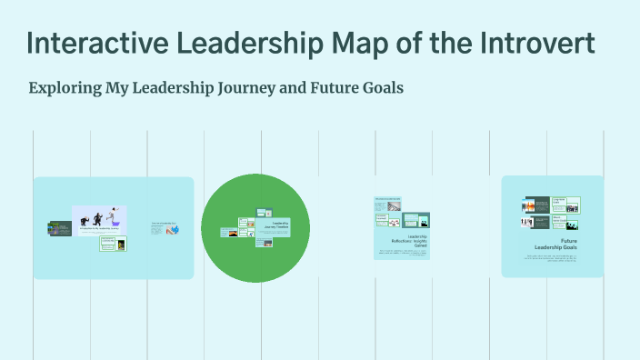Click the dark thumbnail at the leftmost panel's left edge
[x=60, y=228]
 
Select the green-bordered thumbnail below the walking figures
[x=114, y=243]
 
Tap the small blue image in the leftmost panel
[x=174, y=230]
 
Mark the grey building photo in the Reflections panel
[x=394, y=222]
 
